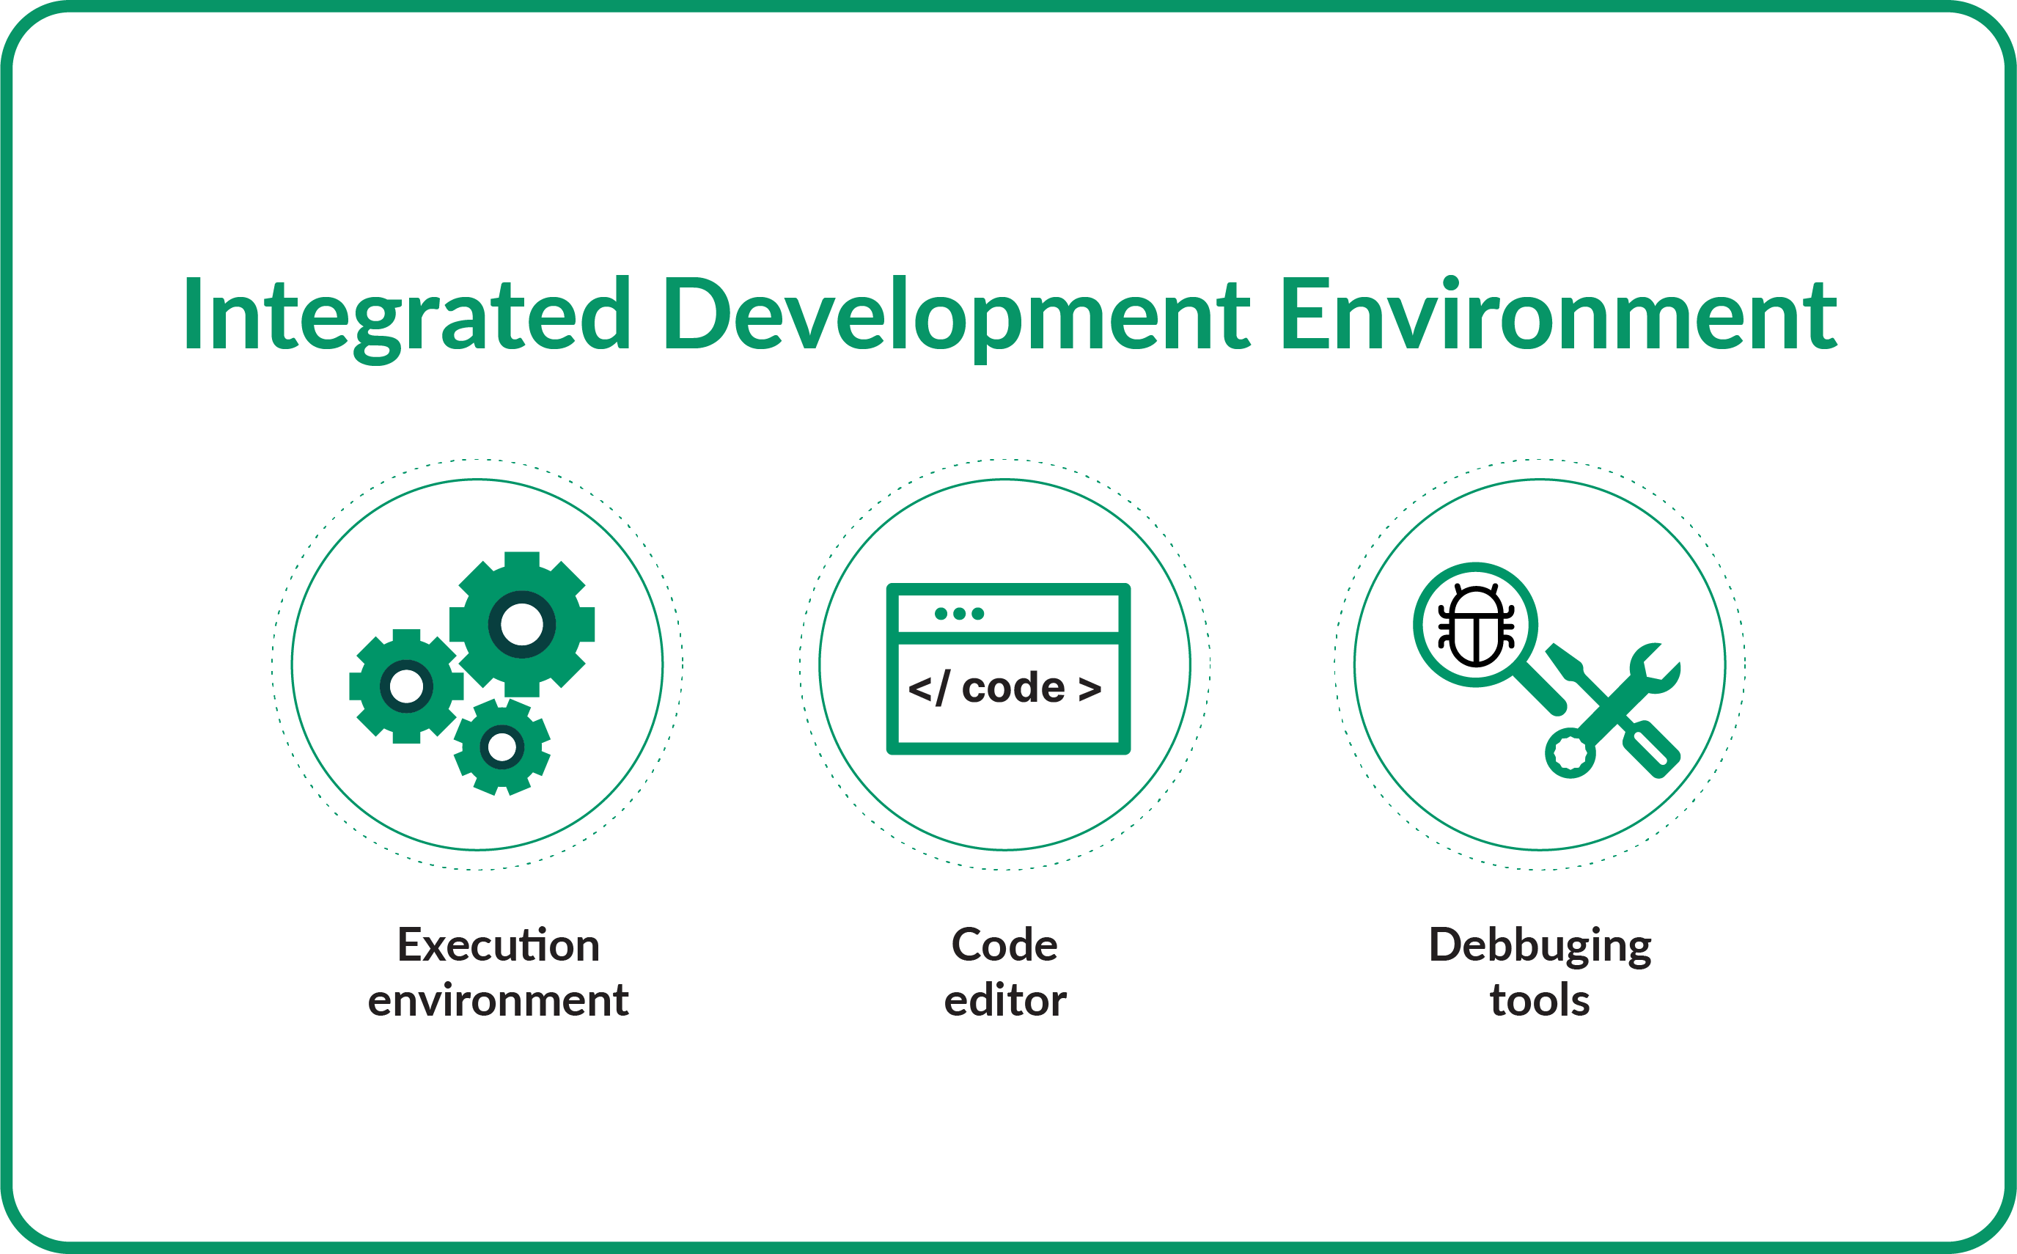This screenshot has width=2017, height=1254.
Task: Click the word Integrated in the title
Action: pyautogui.click(x=406, y=315)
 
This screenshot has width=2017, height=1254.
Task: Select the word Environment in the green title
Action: pyautogui.click(x=1558, y=315)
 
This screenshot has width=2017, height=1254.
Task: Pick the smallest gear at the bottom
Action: pyautogui.click(x=502, y=747)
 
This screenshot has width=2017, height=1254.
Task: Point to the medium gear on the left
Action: pyautogui.click(x=406, y=686)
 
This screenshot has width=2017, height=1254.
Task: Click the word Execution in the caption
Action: pyautogui.click(x=499, y=945)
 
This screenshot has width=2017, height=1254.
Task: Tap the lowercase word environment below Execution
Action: pyautogui.click(x=499, y=1000)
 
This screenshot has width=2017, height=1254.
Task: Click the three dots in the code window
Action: pyautogui.click(x=959, y=614)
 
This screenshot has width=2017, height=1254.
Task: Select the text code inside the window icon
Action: pyautogui.click(x=1013, y=688)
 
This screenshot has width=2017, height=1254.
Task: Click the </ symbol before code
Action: pyautogui.click(x=928, y=689)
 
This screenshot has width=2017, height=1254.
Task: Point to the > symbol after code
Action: pyautogui.click(x=1090, y=689)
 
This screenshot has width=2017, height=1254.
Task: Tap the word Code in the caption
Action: pyautogui.click(x=1004, y=945)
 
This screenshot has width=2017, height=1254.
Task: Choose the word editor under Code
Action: pyautogui.click(x=1004, y=1000)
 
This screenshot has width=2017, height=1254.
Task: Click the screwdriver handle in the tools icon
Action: pyautogui.click(x=1650, y=749)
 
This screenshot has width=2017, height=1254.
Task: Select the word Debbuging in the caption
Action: pyautogui.click(x=1540, y=945)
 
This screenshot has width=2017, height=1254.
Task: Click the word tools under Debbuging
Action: pyautogui.click(x=1540, y=1000)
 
